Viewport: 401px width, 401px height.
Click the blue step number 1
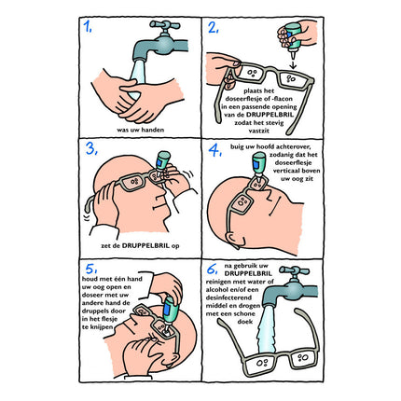click(x=87, y=27)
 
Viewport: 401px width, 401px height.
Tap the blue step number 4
click(x=214, y=151)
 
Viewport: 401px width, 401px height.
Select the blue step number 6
click(x=213, y=270)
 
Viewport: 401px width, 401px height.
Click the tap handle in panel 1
click(x=165, y=25)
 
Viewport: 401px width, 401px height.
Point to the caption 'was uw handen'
click(x=140, y=130)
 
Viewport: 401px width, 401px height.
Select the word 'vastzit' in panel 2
click(x=259, y=131)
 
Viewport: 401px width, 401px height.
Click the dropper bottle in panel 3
click(x=162, y=160)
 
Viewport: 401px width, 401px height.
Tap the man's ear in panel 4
click(x=235, y=240)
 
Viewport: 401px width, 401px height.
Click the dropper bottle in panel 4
click(x=259, y=165)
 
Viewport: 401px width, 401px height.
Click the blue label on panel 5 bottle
click(x=167, y=309)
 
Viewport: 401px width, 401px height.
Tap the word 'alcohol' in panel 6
click(x=216, y=290)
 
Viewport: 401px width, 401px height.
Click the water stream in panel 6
click(x=267, y=329)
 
